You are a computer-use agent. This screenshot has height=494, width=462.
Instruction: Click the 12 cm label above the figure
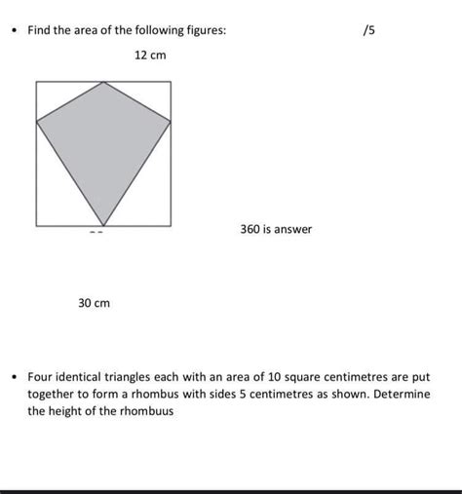click(150, 56)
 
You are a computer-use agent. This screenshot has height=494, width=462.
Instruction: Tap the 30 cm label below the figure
click(95, 304)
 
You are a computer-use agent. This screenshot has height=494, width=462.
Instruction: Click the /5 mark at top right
click(367, 31)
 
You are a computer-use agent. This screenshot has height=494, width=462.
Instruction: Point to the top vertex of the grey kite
click(103, 83)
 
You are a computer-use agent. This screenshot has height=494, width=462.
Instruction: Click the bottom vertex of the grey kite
click(102, 225)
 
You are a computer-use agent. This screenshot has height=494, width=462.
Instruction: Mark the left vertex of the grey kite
click(37, 122)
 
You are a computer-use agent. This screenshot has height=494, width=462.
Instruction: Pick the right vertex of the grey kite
click(171, 122)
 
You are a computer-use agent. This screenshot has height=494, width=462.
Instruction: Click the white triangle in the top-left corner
click(57, 95)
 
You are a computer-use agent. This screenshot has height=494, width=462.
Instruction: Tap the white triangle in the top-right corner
click(151, 95)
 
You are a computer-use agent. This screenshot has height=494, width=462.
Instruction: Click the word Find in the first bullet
click(40, 31)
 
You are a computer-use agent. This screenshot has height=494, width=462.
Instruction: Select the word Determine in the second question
click(396, 394)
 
